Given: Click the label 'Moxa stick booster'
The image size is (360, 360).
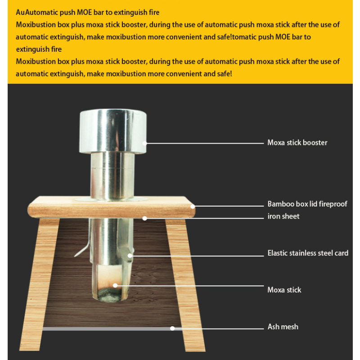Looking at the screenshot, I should (x=297, y=143).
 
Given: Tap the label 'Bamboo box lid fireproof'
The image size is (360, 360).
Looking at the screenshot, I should (x=307, y=204).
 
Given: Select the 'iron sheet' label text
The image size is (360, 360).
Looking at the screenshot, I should (x=283, y=216).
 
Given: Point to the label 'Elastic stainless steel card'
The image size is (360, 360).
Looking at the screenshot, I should (x=308, y=253).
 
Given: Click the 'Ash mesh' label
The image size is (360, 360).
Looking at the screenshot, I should (x=283, y=327).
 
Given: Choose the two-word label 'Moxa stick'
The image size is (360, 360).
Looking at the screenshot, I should (x=284, y=290).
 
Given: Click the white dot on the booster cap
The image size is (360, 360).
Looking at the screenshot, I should (x=145, y=143).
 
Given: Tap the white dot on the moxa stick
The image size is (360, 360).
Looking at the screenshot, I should (x=115, y=285).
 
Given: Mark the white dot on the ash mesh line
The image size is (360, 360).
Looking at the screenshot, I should (x=172, y=328).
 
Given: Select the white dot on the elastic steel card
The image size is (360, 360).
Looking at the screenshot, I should (x=130, y=256).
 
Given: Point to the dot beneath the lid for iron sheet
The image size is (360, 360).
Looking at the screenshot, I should (x=145, y=218).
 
